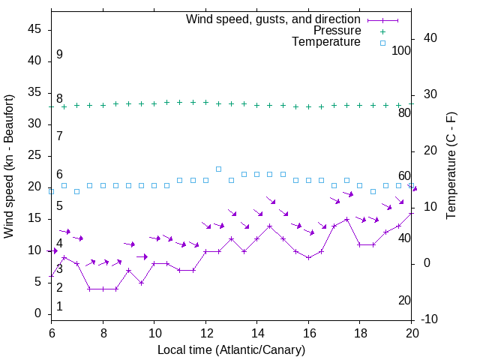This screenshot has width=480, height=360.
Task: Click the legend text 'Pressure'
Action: click(x=337, y=31)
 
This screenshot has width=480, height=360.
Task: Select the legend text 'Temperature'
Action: click(x=326, y=43)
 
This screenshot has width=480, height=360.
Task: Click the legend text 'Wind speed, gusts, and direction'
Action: click(x=273, y=19)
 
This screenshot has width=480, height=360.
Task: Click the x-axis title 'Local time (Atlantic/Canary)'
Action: click(x=232, y=350)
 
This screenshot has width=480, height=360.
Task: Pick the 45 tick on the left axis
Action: click(x=34, y=29)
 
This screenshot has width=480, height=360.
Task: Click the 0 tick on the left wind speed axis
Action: click(x=38, y=313)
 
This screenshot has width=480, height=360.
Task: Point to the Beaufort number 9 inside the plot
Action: click(x=59, y=55)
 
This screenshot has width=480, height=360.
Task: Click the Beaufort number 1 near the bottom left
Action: click(x=59, y=307)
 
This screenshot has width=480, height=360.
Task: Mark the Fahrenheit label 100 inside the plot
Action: click(x=401, y=50)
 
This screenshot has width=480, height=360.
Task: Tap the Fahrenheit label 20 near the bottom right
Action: click(x=404, y=301)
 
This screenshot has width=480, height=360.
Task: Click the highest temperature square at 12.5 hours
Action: click(x=218, y=169)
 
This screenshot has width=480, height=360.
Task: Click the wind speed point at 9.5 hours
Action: click(x=141, y=283)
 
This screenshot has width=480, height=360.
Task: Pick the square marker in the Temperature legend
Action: click(x=382, y=43)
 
